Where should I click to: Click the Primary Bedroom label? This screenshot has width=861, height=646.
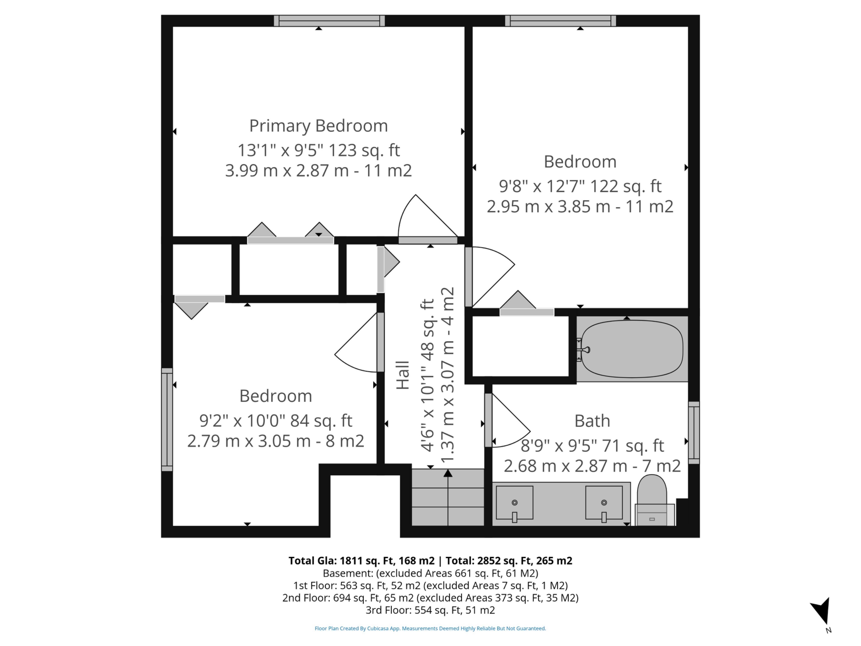[x=318, y=126]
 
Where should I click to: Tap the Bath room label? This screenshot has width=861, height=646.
[x=592, y=421]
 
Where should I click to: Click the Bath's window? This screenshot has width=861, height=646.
[x=694, y=432]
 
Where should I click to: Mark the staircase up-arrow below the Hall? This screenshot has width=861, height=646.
[x=448, y=497]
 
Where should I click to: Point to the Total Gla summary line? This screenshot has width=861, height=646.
[x=430, y=561]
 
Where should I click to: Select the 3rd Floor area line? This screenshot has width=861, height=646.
[x=430, y=610]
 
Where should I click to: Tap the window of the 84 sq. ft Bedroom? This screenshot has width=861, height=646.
[x=167, y=419]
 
